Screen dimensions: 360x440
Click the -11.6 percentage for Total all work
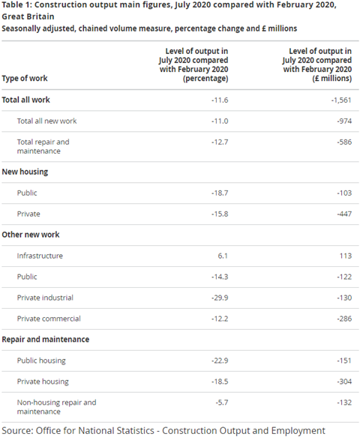point(220,100)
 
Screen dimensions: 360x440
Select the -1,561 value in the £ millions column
point(341,100)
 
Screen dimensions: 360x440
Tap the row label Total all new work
point(46,121)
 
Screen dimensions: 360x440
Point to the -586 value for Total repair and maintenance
point(344,142)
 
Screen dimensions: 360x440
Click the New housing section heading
point(25,172)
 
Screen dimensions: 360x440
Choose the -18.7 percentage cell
point(220,193)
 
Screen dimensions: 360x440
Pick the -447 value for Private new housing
point(344,214)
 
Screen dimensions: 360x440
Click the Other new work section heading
point(31,235)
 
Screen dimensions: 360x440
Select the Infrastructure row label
point(40,256)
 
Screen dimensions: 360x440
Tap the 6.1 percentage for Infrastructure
point(223,256)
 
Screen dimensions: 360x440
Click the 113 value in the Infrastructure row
point(346,256)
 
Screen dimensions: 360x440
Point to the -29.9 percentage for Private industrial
point(220,298)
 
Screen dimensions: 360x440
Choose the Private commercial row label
point(49,319)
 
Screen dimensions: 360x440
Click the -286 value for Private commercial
point(344,319)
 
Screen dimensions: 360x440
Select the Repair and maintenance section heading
point(46,340)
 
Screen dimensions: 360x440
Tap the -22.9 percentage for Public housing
point(220,361)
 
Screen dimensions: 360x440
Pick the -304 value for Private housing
point(344,382)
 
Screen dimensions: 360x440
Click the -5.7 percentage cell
point(222,403)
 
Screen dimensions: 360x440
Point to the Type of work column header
point(25,78)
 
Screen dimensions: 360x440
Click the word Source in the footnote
point(17,431)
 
